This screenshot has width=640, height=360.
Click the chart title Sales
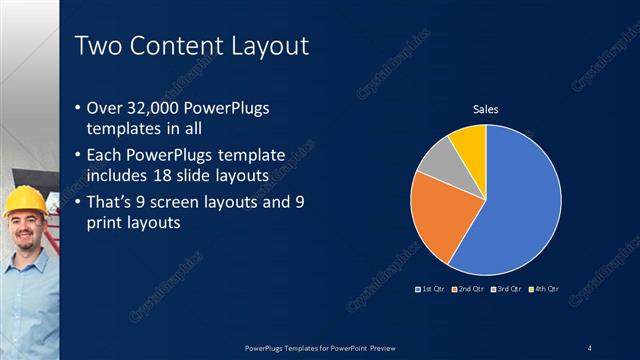[486, 110]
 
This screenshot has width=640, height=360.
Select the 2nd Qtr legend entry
[469, 289]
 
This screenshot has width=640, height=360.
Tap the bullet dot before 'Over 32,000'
[80, 109]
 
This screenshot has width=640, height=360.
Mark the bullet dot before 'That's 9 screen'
[80, 203]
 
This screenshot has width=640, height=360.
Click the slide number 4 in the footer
[589, 348]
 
